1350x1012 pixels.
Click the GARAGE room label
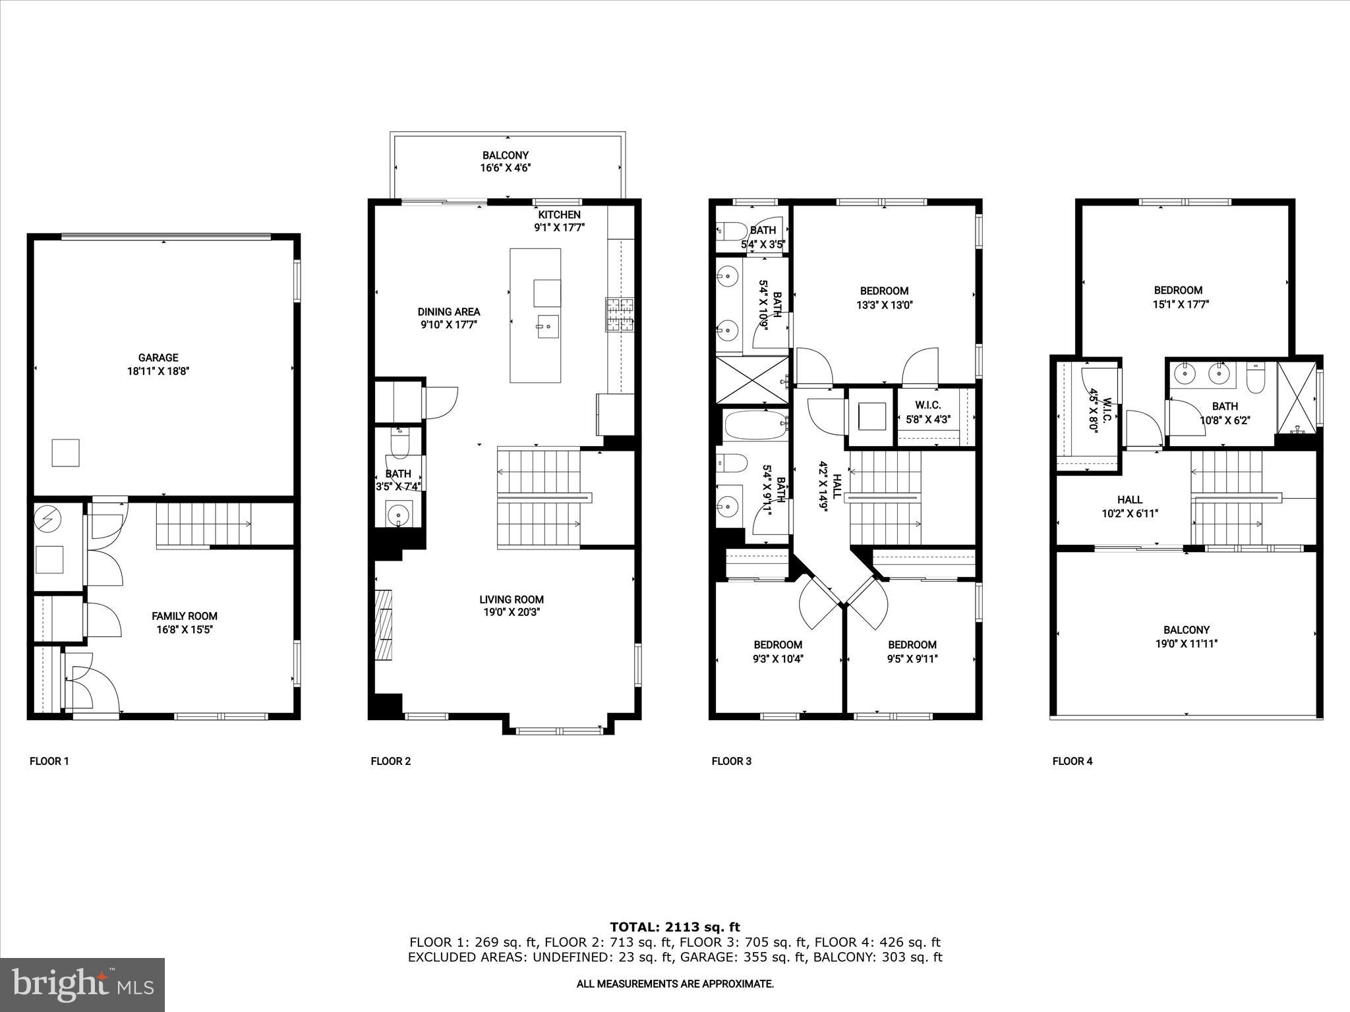click(158, 358)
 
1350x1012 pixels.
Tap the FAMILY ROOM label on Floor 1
click(185, 616)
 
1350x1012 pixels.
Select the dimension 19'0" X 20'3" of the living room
click(512, 612)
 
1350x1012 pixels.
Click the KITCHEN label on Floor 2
click(559, 215)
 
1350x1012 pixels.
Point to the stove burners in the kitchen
click(620, 314)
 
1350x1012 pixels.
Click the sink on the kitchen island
click(547, 326)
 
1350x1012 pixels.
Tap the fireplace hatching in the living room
click(383, 625)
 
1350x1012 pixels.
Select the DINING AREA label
click(449, 312)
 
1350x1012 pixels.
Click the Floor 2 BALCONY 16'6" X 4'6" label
click(506, 161)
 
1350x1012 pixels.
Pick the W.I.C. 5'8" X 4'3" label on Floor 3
click(928, 412)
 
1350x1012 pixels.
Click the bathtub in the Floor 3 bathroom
click(755, 425)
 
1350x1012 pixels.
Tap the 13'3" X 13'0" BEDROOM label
click(884, 297)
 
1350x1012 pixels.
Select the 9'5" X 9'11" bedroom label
click(912, 651)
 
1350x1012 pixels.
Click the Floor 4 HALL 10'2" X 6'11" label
click(1130, 506)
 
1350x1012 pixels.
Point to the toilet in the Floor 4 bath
click(1256, 379)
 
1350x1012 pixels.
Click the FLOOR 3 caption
click(731, 761)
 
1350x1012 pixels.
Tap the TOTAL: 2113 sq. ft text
click(675, 927)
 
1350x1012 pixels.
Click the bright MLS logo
click(82, 984)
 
